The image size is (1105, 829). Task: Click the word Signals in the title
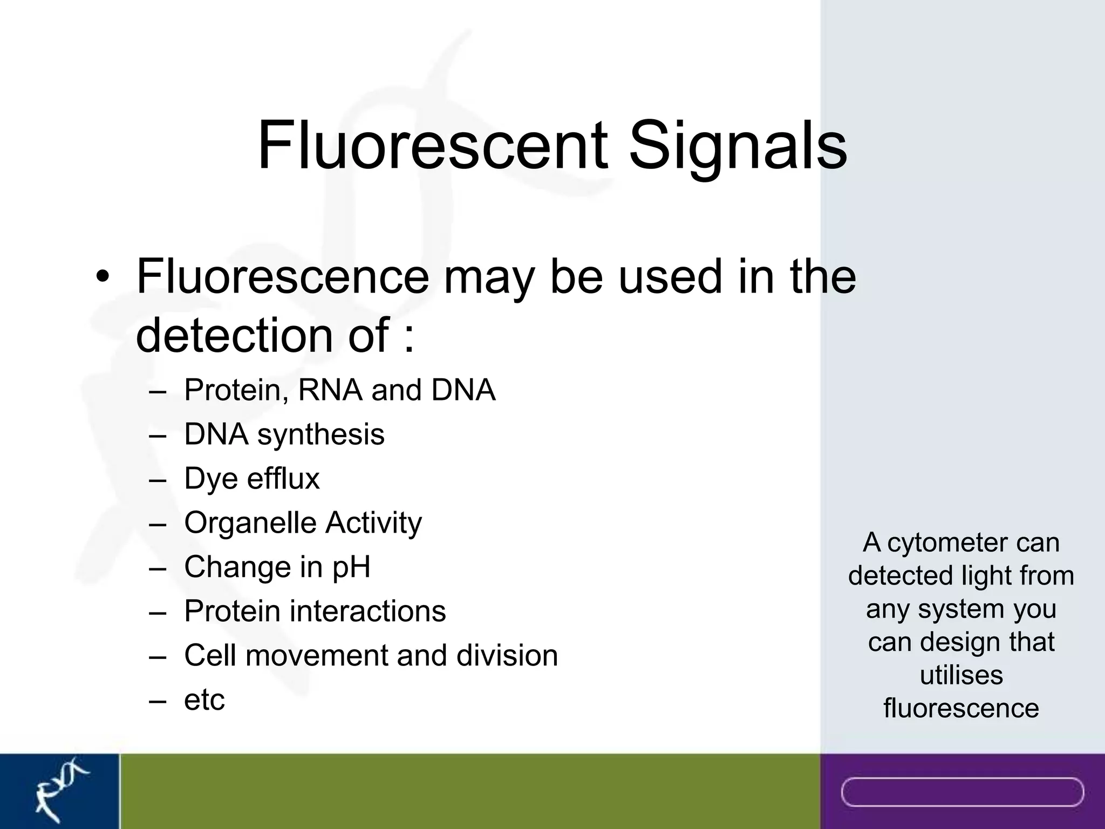(738, 146)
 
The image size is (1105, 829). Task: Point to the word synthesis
(320, 435)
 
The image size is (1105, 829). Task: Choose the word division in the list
(507, 656)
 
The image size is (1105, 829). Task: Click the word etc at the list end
(204, 700)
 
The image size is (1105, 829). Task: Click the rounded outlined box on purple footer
(962, 792)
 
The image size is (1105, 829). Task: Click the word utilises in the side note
(961, 675)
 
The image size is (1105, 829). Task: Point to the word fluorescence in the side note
(961, 708)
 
